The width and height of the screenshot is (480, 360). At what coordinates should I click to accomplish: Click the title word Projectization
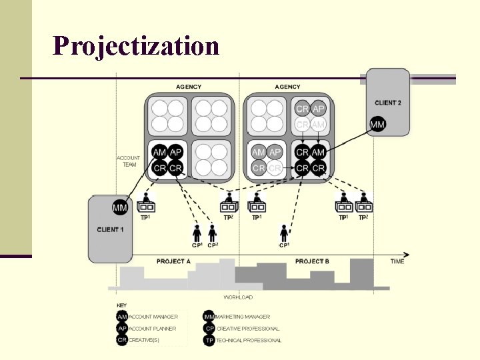136,46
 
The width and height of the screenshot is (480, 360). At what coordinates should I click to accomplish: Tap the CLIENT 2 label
388,103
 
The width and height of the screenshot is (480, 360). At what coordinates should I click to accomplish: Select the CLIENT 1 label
110,229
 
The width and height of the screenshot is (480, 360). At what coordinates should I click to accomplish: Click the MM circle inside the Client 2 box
377,124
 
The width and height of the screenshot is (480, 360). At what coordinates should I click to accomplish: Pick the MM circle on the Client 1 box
120,207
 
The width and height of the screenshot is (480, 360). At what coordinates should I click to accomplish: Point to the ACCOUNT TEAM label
128,161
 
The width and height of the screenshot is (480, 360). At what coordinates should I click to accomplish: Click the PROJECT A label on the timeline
173,261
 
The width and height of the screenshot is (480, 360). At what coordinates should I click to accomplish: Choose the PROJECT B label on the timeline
312,261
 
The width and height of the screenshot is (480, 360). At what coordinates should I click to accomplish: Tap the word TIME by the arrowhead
397,261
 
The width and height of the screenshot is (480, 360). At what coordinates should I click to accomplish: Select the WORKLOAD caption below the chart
238,297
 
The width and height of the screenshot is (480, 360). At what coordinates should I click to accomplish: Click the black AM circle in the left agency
160,153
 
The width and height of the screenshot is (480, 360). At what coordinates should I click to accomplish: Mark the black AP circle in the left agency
176,153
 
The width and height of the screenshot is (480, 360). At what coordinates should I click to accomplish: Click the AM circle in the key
122,317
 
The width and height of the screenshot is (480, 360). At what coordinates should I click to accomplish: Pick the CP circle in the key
209,329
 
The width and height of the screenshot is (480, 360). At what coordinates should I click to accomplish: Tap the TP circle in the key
209,340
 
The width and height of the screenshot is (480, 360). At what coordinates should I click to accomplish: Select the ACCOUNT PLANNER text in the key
153,329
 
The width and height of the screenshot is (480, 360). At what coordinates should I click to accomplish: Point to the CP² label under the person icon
213,245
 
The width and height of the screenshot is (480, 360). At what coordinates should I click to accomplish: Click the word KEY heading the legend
121,305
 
